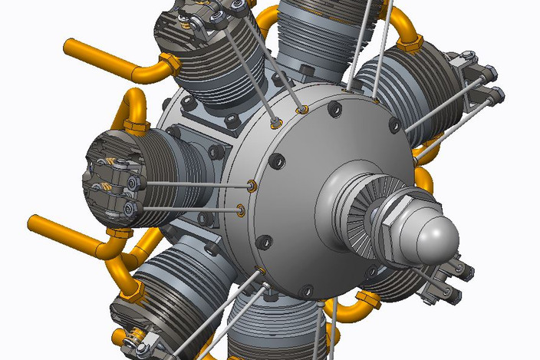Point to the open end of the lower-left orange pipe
coord(34,223)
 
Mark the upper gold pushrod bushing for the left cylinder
coord(252,186)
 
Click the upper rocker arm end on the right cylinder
coord(491,74)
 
